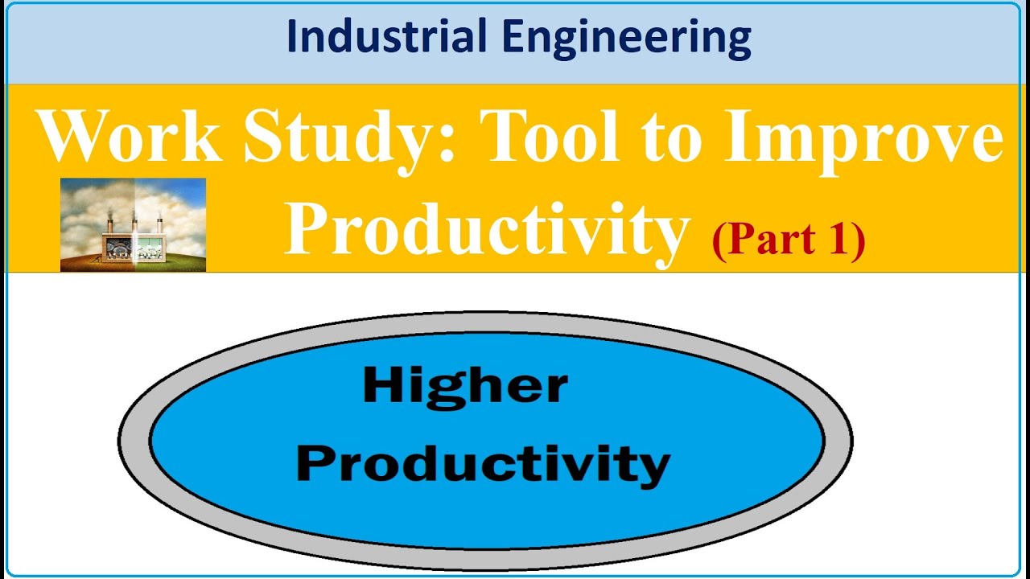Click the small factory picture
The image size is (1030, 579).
pyautogui.click(x=133, y=224)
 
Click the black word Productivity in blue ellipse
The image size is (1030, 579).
pyautogui.click(x=483, y=465)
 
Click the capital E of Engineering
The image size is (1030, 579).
pyautogui.click(x=536, y=39)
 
